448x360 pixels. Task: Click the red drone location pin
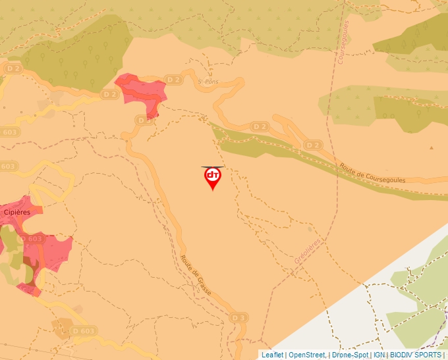coord(212,177)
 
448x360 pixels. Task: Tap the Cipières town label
coord(17,212)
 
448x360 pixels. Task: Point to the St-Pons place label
coord(208,82)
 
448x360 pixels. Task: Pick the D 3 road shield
coord(239,318)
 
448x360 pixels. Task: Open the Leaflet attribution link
coord(272,355)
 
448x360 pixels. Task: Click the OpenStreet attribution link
coord(306,355)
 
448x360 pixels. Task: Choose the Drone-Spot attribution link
coord(350,355)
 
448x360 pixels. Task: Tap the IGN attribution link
coord(379,355)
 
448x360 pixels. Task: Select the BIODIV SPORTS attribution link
coord(416,355)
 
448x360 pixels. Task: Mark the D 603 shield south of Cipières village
coord(83,330)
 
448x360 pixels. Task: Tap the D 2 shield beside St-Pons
coord(173,80)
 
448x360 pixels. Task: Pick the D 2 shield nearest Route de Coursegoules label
coord(314,145)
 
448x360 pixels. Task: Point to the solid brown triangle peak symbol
coord(432,148)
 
